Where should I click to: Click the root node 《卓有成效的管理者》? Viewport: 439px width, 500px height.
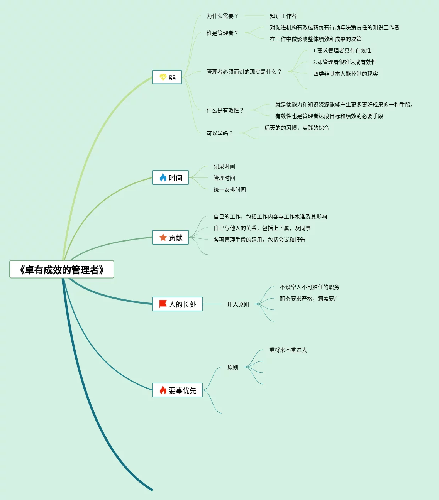coord(62,270)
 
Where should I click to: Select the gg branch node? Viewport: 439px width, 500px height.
coord(167,77)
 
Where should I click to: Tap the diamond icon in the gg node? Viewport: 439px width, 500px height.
coord(163,77)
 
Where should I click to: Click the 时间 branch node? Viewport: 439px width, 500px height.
coord(171,178)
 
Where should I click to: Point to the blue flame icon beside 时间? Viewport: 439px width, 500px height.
coord(163,177)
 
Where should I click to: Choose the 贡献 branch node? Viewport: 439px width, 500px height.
coord(171,238)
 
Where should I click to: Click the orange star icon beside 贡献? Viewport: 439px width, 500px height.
coord(163,238)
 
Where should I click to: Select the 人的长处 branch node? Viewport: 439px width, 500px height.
coord(178,304)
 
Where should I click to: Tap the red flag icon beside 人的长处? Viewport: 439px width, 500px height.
coord(163,304)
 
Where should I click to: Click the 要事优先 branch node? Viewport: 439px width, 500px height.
coord(178,390)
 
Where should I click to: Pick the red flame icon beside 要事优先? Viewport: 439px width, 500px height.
coord(163,390)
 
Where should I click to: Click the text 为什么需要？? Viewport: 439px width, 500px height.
coord(222,16)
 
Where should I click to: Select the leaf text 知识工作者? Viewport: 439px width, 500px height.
coord(283,16)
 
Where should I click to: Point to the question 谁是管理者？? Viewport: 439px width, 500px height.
coord(222,33)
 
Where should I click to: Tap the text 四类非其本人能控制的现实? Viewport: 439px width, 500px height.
coord(345,74)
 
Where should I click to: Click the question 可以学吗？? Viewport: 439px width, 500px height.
coord(220,133)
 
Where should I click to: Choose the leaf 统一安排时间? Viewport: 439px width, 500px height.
coord(229,189)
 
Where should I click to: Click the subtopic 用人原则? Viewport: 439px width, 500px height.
coord(238,304)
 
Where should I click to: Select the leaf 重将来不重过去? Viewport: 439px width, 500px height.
coord(288,350)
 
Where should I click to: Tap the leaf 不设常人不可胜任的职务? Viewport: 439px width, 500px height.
coord(309,287)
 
